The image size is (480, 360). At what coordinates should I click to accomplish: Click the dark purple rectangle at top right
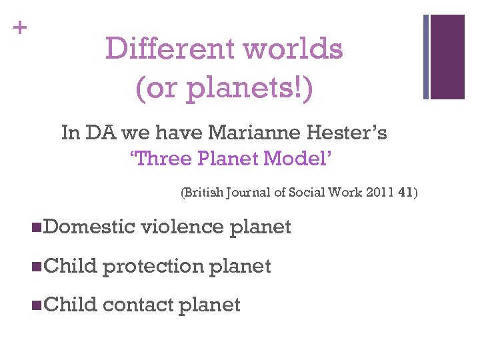(447, 57)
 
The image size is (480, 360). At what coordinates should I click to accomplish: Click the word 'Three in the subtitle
(156, 159)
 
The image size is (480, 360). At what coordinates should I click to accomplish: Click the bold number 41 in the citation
(404, 193)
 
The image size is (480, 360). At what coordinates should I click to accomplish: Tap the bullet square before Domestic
(35, 227)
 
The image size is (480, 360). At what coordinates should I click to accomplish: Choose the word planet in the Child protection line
(241, 266)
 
